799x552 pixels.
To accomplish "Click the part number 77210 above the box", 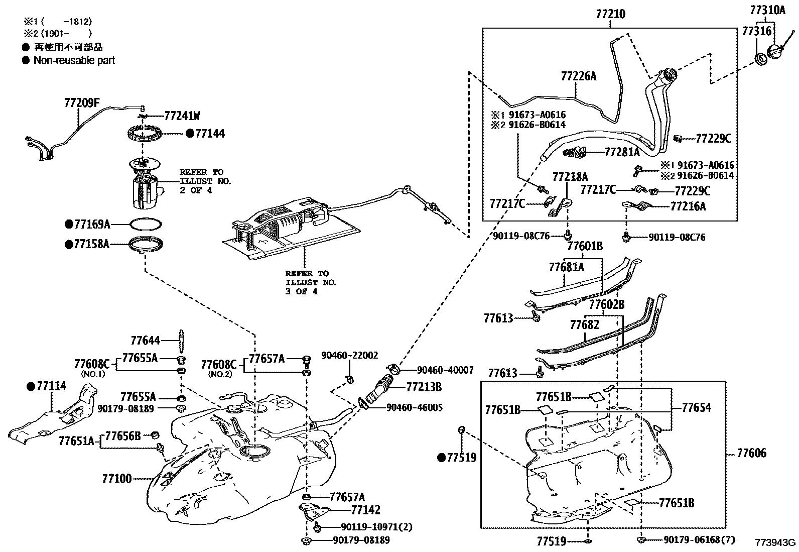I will [x=611, y=14].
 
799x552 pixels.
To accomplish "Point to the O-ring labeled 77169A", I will [x=147, y=224].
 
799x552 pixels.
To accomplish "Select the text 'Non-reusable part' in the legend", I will [x=74, y=60].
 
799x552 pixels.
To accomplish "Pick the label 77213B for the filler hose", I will [x=424, y=387].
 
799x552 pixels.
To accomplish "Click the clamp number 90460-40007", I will [x=445, y=370].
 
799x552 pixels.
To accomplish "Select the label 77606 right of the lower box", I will [x=751, y=453].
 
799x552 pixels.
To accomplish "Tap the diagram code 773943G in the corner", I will [x=776, y=542].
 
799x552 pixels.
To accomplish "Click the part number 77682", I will [x=584, y=324].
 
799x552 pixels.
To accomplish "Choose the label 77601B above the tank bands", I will [x=585, y=246].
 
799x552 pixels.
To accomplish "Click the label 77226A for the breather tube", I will [x=579, y=76].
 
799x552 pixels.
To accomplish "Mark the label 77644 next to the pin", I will [x=145, y=341].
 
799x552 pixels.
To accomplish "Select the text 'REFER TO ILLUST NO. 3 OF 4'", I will [x=310, y=282].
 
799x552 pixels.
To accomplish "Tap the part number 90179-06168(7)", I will [x=699, y=539].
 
